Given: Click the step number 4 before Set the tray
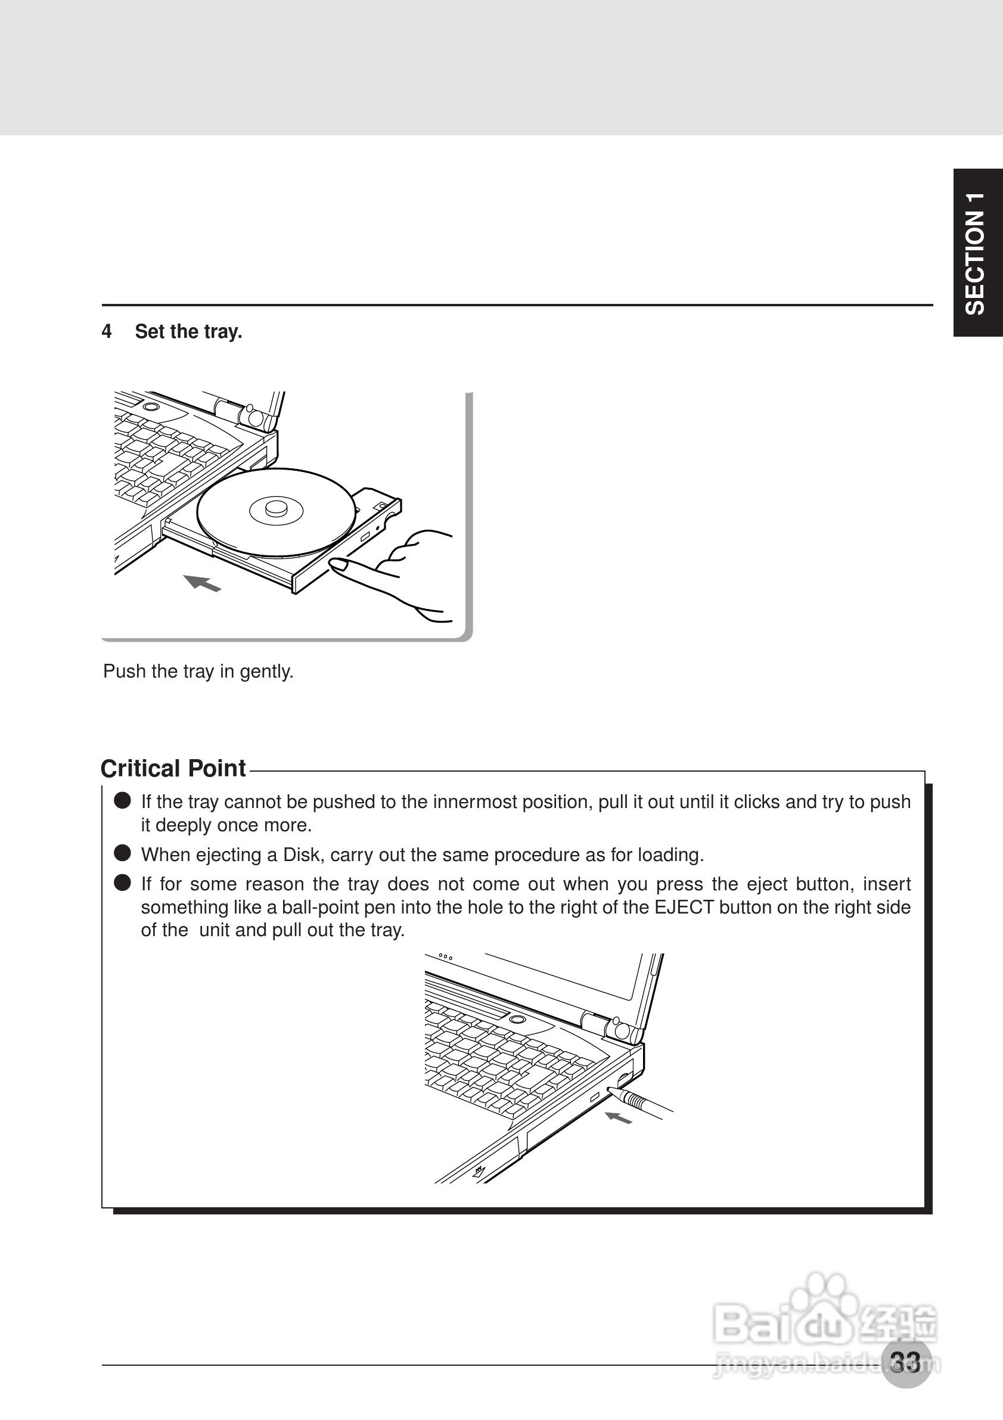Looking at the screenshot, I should [x=106, y=332].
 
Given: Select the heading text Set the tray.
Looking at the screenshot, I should [x=188, y=332].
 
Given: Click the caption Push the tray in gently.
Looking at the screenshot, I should [x=198, y=672].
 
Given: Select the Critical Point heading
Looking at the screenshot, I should [x=173, y=769].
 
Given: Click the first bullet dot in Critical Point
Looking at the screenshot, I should [x=122, y=801].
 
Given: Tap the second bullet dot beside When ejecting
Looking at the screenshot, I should [x=122, y=853].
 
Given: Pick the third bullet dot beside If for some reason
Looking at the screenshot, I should [x=122, y=883].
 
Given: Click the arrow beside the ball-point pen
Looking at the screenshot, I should [x=618, y=1117].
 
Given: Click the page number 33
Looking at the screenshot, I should [x=905, y=1362].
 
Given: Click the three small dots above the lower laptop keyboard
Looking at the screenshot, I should [x=445, y=957].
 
